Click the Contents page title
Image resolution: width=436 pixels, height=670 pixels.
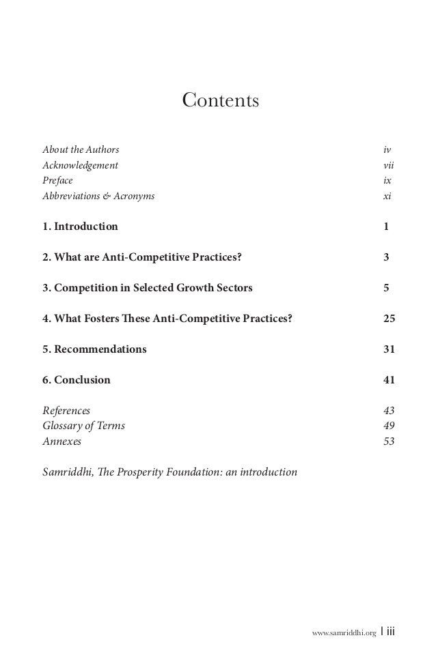click(x=220, y=101)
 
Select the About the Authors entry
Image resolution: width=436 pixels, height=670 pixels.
click(x=81, y=149)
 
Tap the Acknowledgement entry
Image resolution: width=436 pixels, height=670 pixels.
click(x=80, y=165)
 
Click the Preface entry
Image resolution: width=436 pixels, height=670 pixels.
click(x=57, y=181)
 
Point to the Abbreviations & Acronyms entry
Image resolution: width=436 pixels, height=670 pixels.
click(x=98, y=196)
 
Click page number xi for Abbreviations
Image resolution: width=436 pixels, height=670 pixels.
click(x=387, y=196)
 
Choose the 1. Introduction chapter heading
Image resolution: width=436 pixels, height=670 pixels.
click(x=80, y=227)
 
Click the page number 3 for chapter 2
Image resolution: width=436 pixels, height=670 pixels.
click(x=387, y=257)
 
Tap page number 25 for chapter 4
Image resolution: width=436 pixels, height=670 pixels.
click(x=389, y=319)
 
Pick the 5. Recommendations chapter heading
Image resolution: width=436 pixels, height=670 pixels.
click(x=94, y=349)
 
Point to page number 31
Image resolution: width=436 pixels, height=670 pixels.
click(x=389, y=349)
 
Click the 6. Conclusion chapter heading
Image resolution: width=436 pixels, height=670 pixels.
click(x=76, y=380)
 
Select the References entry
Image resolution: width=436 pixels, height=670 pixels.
click(x=66, y=411)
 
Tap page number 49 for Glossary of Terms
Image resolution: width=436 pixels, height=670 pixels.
click(x=389, y=426)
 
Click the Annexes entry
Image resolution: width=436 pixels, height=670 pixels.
click(x=62, y=441)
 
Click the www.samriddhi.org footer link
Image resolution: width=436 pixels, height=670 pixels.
click(x=344, y=632)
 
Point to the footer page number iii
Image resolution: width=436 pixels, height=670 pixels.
click(x=390, y=632)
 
